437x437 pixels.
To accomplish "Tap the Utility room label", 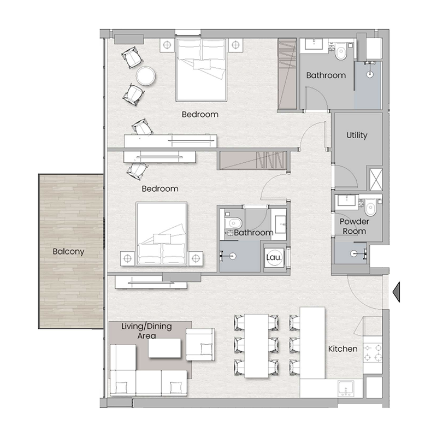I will pos(357,135).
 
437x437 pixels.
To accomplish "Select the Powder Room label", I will pos(354,226).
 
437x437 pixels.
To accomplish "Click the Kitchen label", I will pos(342,349).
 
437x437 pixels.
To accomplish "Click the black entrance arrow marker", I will pos(397,291).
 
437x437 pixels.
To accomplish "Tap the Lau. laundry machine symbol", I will pos(273,257).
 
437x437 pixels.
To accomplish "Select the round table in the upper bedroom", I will pos(146,76).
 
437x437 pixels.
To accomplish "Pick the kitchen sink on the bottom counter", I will pos(346,388).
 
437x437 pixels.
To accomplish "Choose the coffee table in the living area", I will pos(166,349).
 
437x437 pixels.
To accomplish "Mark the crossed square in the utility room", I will pos(376,179).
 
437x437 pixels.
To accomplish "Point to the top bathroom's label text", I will pos(326,75).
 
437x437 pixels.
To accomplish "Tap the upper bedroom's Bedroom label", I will pos(200,115).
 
